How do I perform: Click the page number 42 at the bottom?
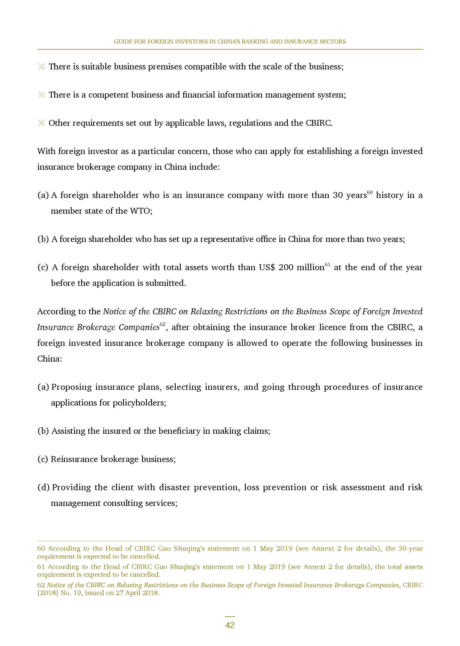(230, 625)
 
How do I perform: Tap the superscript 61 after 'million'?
(327, 265)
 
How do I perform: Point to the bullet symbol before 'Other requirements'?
(42, 123)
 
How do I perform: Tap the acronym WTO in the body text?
(140, 211)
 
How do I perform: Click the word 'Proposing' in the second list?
(71, 387)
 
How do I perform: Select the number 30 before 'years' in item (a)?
(338, 195)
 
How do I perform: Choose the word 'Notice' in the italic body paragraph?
(115, 311)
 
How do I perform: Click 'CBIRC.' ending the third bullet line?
(319, 123)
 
